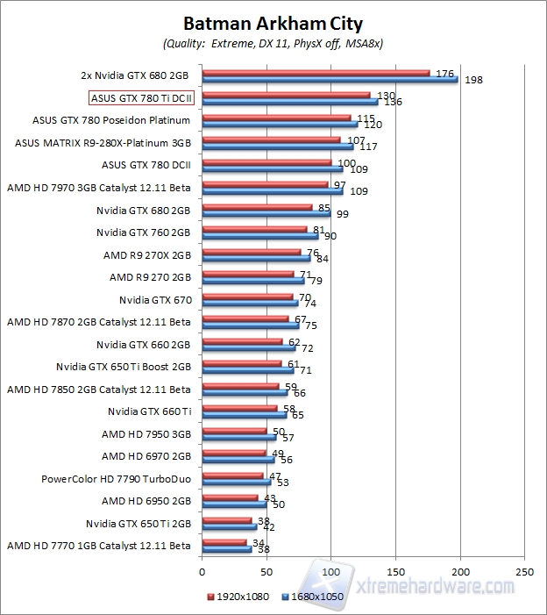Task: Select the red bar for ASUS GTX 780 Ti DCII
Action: coord(286,95)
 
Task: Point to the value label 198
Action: coord(474,81)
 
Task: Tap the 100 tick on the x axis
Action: coord(331,571)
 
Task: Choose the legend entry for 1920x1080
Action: coord(239,596)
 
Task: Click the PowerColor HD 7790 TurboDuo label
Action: coord(116,479)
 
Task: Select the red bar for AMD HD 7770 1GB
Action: coord(224,542)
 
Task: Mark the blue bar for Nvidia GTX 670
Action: coord(250,304)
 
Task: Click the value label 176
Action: coord(444,74)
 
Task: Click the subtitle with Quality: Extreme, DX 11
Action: coord(273,43)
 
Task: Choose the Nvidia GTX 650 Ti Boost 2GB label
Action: coord(124,367)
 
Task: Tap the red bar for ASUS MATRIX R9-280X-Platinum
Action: coord(271,139)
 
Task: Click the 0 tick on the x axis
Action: coord(202,571)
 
